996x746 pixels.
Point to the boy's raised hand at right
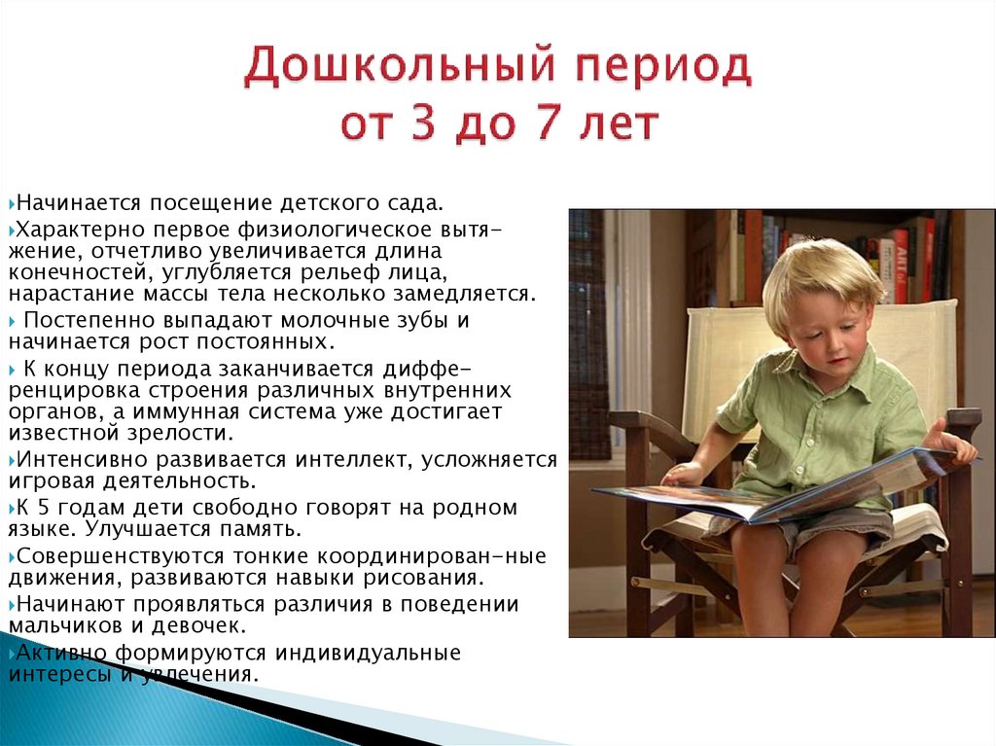pyautogui.click(x=948, y=443)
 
